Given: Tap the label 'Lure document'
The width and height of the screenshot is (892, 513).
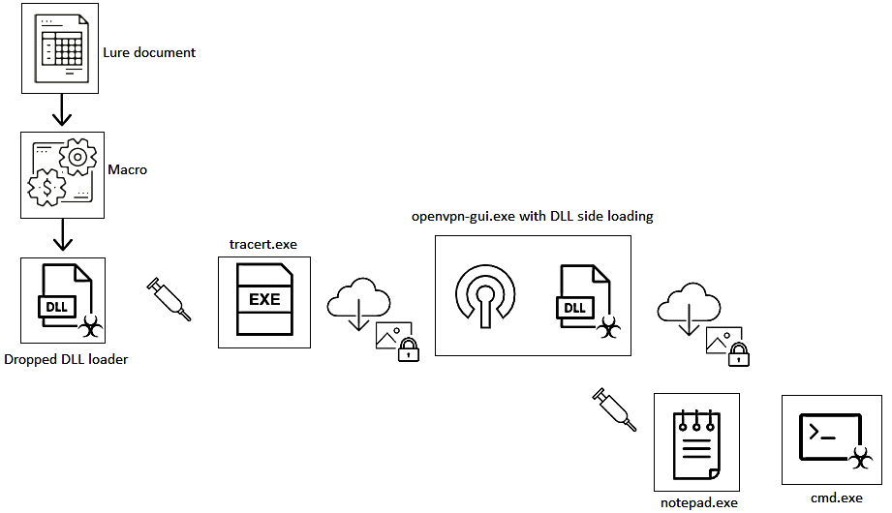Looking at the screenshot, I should (149, 52).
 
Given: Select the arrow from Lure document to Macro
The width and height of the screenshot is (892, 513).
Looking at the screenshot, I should (61, 110).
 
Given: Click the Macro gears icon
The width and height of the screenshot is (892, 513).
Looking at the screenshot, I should (61, 174).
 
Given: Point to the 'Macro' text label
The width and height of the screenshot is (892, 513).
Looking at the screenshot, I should (127, 169).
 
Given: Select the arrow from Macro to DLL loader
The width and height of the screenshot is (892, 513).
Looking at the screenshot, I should (61, 235).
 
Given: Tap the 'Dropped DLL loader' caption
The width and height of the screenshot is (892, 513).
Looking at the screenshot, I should (66, 359).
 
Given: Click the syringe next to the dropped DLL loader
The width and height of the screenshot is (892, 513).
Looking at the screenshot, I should (169, 300).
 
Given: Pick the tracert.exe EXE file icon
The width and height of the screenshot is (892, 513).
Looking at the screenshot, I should (263, 299).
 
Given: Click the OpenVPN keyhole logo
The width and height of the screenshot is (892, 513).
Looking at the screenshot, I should (485, 294).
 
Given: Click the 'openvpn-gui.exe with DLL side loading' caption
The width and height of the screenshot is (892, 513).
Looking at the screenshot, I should (533, 216).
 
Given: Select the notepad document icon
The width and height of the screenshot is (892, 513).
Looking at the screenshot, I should (695, 442).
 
